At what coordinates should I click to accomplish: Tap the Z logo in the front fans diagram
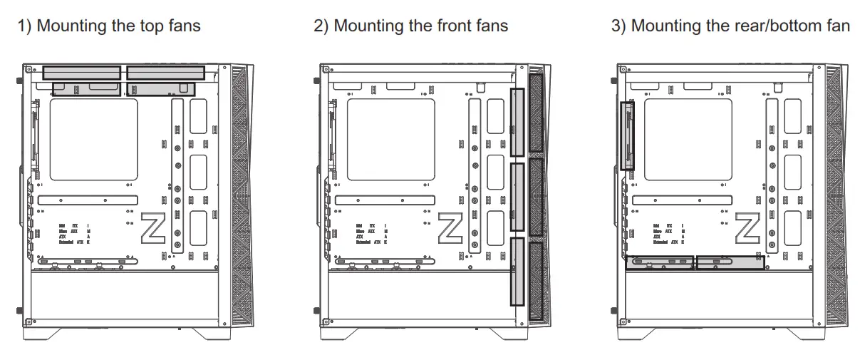coord(451,230)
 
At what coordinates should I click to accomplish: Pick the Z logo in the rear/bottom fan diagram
coord(749,230)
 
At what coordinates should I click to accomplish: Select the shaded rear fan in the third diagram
coord(627,135)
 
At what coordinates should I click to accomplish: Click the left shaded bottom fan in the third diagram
coord(660,263)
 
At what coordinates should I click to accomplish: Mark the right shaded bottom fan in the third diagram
coord(730,263)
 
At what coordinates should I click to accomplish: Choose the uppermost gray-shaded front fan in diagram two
coord(518,123)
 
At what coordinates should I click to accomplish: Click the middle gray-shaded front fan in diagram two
coord(518,197)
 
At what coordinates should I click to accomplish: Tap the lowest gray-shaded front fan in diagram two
coord(518,272)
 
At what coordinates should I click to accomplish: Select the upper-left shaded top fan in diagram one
coord(81,72)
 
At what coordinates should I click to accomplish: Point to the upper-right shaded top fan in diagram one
coord(165,72)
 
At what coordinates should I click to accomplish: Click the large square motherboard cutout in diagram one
coord(93,139)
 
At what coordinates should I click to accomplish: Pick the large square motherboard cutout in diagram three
coord(688,139)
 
